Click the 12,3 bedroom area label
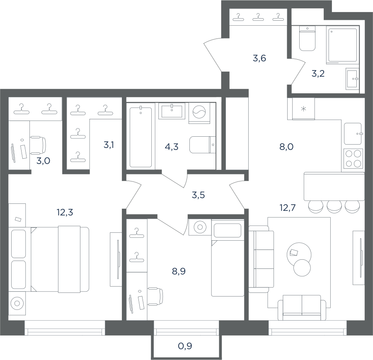coord(65,212)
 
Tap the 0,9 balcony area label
coord(185,346)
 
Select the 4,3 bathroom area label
coord(171,147)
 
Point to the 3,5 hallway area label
coord(198,195)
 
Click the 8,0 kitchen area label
coord(286,147)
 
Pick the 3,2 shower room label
coord(318,74)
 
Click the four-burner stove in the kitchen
coord(353,158)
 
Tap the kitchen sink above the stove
coord(353,133)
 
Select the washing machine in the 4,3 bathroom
coord(199,113)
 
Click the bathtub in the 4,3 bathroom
coord(140,137)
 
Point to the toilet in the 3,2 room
coord(307,39)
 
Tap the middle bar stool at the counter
coord(334,206)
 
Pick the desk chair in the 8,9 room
coord(155,296)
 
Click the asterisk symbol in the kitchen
coord(303,109)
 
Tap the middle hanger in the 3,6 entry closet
coord(258,17)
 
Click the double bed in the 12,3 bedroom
coord(60,259)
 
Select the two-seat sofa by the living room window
coord(302,308)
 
